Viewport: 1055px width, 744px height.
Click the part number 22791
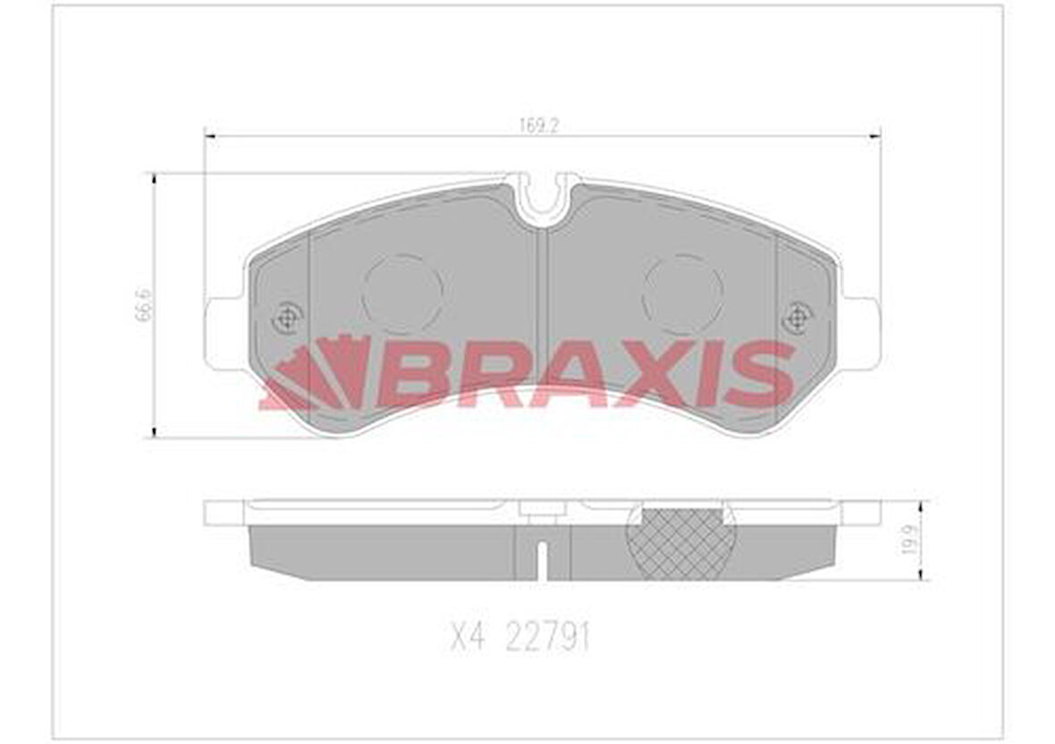pyautogui.click(x=547, y=638)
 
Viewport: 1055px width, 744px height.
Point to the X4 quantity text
pyautogui.click(x=467, y=638)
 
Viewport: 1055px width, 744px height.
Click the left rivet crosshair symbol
pyautogui.click(x=287, y=317)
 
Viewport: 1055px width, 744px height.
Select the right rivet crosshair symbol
pyautogui.click(x=796, y=317)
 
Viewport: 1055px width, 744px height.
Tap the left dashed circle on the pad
pyautogui.click(x=402, y=293)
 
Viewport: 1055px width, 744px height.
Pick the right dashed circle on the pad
pyautogui.click(x=683, y=293)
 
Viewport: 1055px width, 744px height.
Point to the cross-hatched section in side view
pyautogui.click(x=679, y=544)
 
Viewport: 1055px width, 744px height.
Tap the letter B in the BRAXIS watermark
pyautogui.click(x=413, y=374)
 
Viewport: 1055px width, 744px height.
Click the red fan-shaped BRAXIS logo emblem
pyautogui.click(x=317, y=374)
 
